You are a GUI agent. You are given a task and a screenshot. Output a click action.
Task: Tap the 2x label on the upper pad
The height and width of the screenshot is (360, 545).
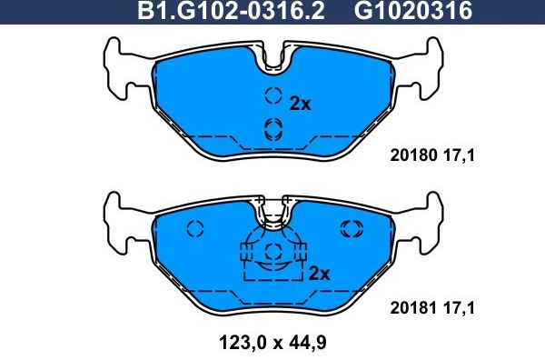300,105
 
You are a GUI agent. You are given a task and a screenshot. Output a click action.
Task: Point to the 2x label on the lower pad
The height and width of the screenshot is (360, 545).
319,274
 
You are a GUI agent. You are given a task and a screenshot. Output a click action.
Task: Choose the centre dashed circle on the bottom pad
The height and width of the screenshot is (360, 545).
272,252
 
